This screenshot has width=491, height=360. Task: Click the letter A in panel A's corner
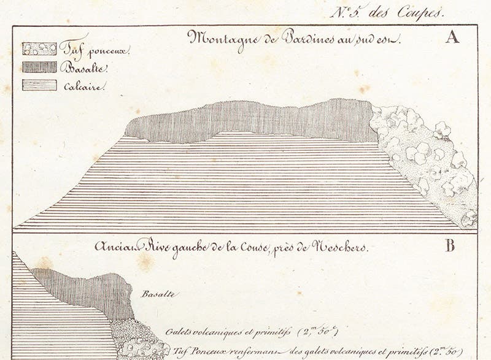click(x=453, y=38)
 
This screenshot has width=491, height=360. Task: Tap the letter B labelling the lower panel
click(x=450, y=247)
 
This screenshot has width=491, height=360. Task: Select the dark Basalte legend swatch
click(x=39, y=67)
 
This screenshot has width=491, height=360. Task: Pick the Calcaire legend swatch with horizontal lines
click(x=39, y=85)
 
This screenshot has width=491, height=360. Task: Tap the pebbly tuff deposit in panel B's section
click(x=138, y=340)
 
